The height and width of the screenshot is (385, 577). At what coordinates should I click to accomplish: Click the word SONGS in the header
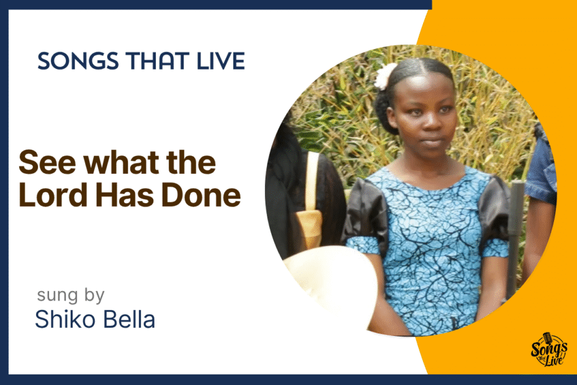pyautogui.click(x=78, y=61)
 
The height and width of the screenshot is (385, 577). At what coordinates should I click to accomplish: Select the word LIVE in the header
pyautogui.click(x=221, y=61)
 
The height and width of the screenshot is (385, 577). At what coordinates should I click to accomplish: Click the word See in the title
pyautogui.click(x=48, y=163)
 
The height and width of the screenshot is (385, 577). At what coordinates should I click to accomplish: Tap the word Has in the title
pyautogui.click(x=125, y=194)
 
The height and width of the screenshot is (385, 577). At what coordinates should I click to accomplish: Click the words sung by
pyautogui.click(x=71, y=296)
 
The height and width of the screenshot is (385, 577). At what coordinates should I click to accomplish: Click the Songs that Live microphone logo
pyautogui.click(x=548, y=350)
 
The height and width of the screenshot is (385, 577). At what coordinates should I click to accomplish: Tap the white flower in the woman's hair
pyautogui.click(x=385, y=76)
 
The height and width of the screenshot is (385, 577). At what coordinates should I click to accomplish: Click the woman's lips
pyautogui.click(x=432, y=142)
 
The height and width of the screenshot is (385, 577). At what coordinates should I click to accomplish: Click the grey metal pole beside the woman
pyautogui.click(x=515, y=240)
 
